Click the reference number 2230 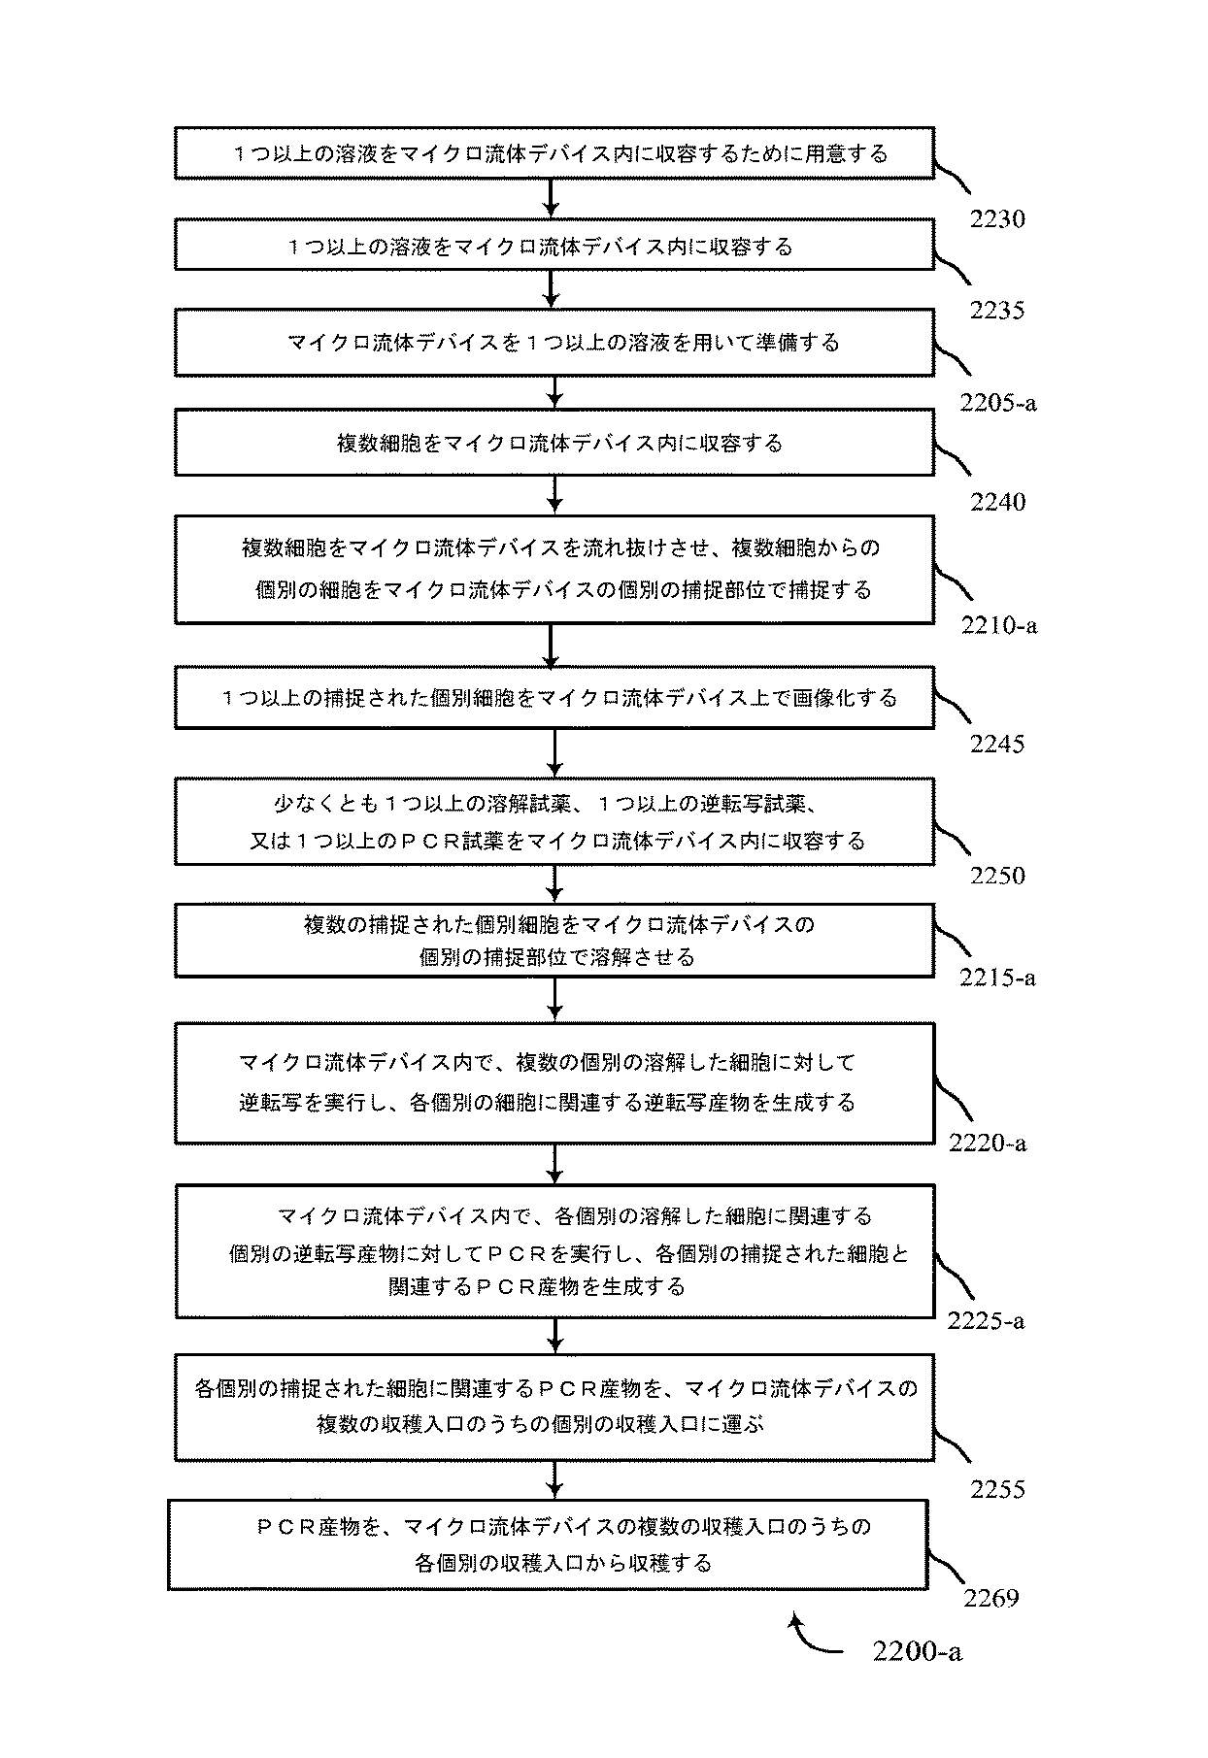click(997, 219)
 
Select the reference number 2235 click(997, 311)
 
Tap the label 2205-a click(997, 402)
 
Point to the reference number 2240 click(997, 502)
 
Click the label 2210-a click(999, 625)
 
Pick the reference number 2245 click(997, 745)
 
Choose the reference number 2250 click(997, 876)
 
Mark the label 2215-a click(997, 977)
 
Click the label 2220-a click(988, 1143)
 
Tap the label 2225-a click(986, 1321)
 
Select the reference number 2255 click(997, 1489)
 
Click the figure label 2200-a click(917, 1651)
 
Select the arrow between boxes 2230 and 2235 click(551, 198)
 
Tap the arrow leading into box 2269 click(554, 1480)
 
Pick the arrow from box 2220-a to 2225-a click(554, 1164)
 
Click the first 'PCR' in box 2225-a click(512, 1253)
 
